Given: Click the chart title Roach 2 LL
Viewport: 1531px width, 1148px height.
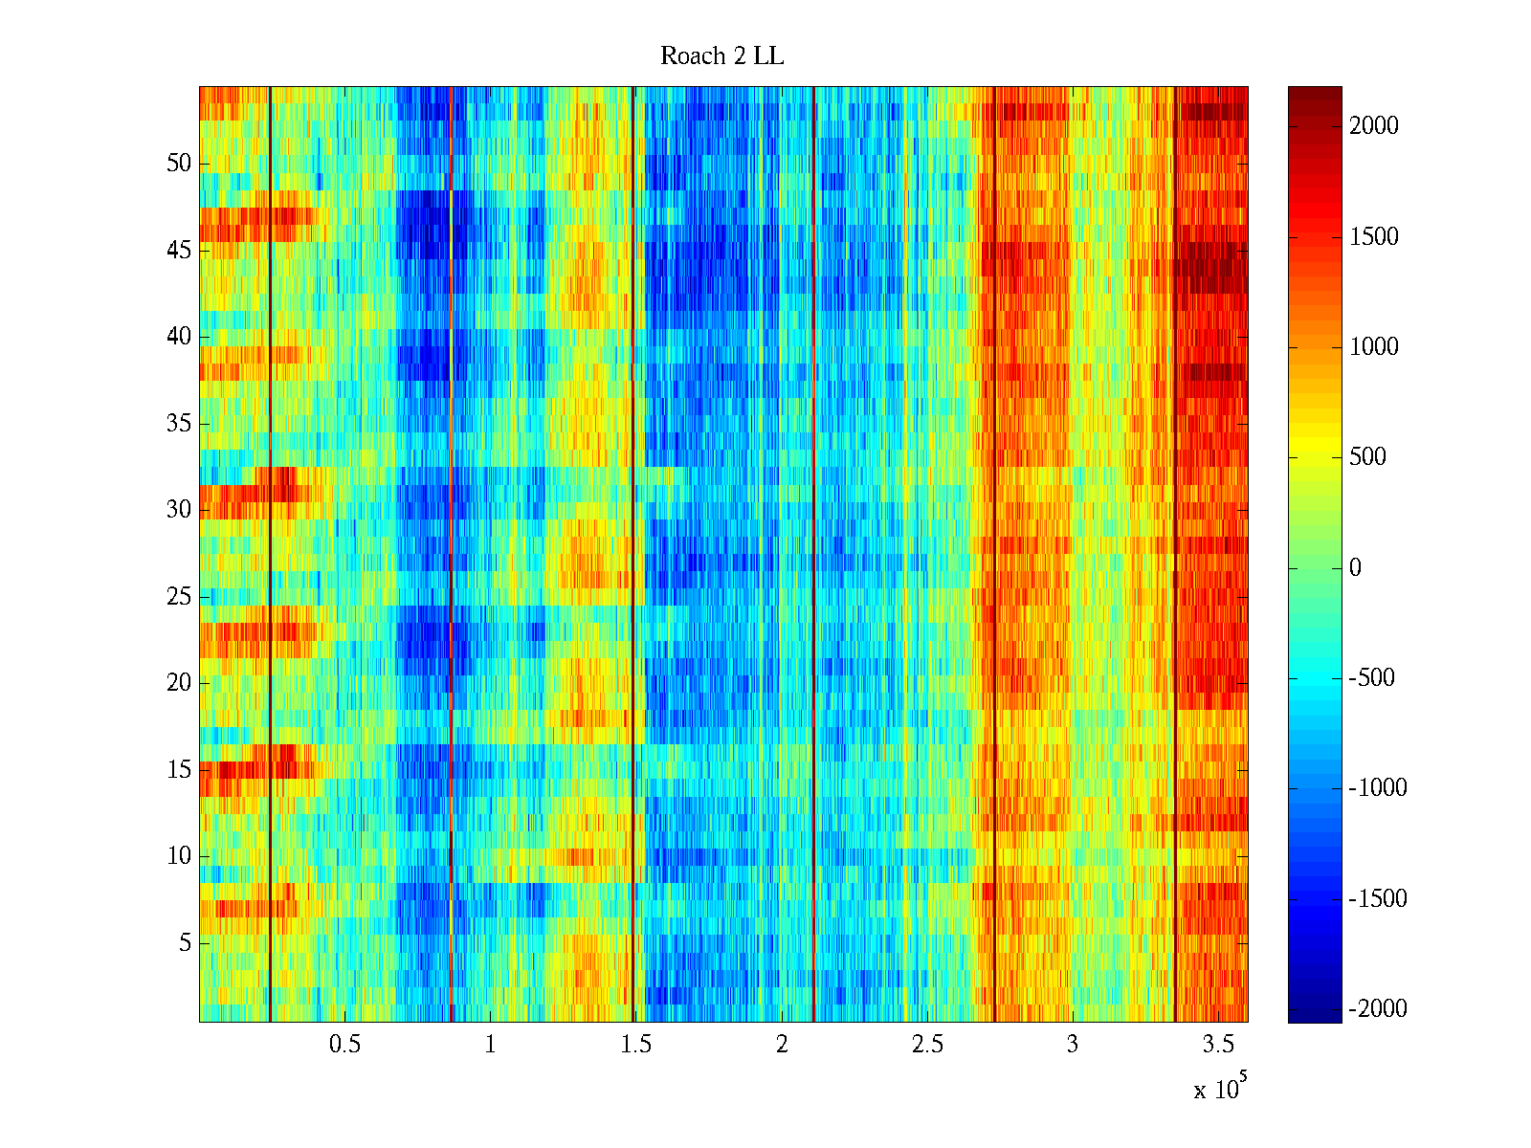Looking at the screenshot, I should pyautogui.click(x=721, y=56).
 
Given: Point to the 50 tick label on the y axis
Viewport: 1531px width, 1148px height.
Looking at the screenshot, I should pyautogui.click(x=179, y=164).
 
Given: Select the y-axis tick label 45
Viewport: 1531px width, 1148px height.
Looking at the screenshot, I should pyautogui.click(x=179, y=251).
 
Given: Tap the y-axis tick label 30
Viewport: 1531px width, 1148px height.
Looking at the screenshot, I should pyautogui.click(x=179, y=510).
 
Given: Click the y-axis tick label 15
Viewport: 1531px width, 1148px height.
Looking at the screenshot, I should pyautogui.click(x=179, y=770).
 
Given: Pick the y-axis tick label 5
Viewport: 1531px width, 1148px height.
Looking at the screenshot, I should pyautogui.click(x=185, y=943).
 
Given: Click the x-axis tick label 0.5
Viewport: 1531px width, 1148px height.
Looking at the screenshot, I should pyautogui.click(x=344, y=1045).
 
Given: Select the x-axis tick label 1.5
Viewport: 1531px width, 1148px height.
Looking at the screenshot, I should pyautogui.click(x=635, y=1045).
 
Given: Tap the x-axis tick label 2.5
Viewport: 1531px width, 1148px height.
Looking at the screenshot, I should pyautogui.click(x=927, y=1045).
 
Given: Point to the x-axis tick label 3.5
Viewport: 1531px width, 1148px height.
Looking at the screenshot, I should pyautogui.click(x=1219, y=1045).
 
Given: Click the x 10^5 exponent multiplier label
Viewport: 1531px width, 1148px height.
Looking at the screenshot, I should pyautogui.click(x=1220, y=1088).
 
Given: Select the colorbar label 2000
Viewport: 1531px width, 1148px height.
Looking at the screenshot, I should pyautogui.click(x=1374, y=126).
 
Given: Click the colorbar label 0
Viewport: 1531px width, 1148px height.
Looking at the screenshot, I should pyautogui.click(x=1355, y=568).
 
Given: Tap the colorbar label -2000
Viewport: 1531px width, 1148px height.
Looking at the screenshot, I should pyautogui.click(x=1378, y=1009).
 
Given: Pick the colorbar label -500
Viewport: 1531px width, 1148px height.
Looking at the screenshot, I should pyautogui.click(x=1372, y=678).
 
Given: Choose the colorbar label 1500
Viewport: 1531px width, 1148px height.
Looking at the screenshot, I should pyautogui.click(x=1374, y=237).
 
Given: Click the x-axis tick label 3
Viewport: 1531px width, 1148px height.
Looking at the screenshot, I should pyautogui.click(x=1073, y=1045).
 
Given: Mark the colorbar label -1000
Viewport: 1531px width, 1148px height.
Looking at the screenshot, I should pyautogui.click(x=1378, y=788).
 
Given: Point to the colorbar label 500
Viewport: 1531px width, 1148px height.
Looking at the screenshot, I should pyautogui.click(x=1368, y=457).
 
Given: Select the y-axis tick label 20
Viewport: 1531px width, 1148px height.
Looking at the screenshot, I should pyautogui.click(x=179, y=683).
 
